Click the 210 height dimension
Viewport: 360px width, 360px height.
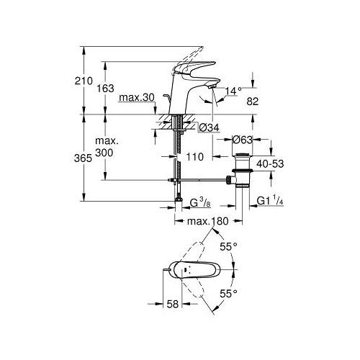84,81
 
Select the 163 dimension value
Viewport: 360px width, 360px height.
105,89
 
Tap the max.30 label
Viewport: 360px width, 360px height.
137,98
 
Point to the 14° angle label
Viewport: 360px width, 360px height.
233,91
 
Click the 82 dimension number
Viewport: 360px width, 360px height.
253,102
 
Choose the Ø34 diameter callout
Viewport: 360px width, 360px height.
210,128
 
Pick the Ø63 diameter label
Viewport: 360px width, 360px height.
243,140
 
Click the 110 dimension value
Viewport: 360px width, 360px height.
195,157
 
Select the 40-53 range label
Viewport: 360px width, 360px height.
270,164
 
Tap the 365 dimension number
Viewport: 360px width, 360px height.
83,158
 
